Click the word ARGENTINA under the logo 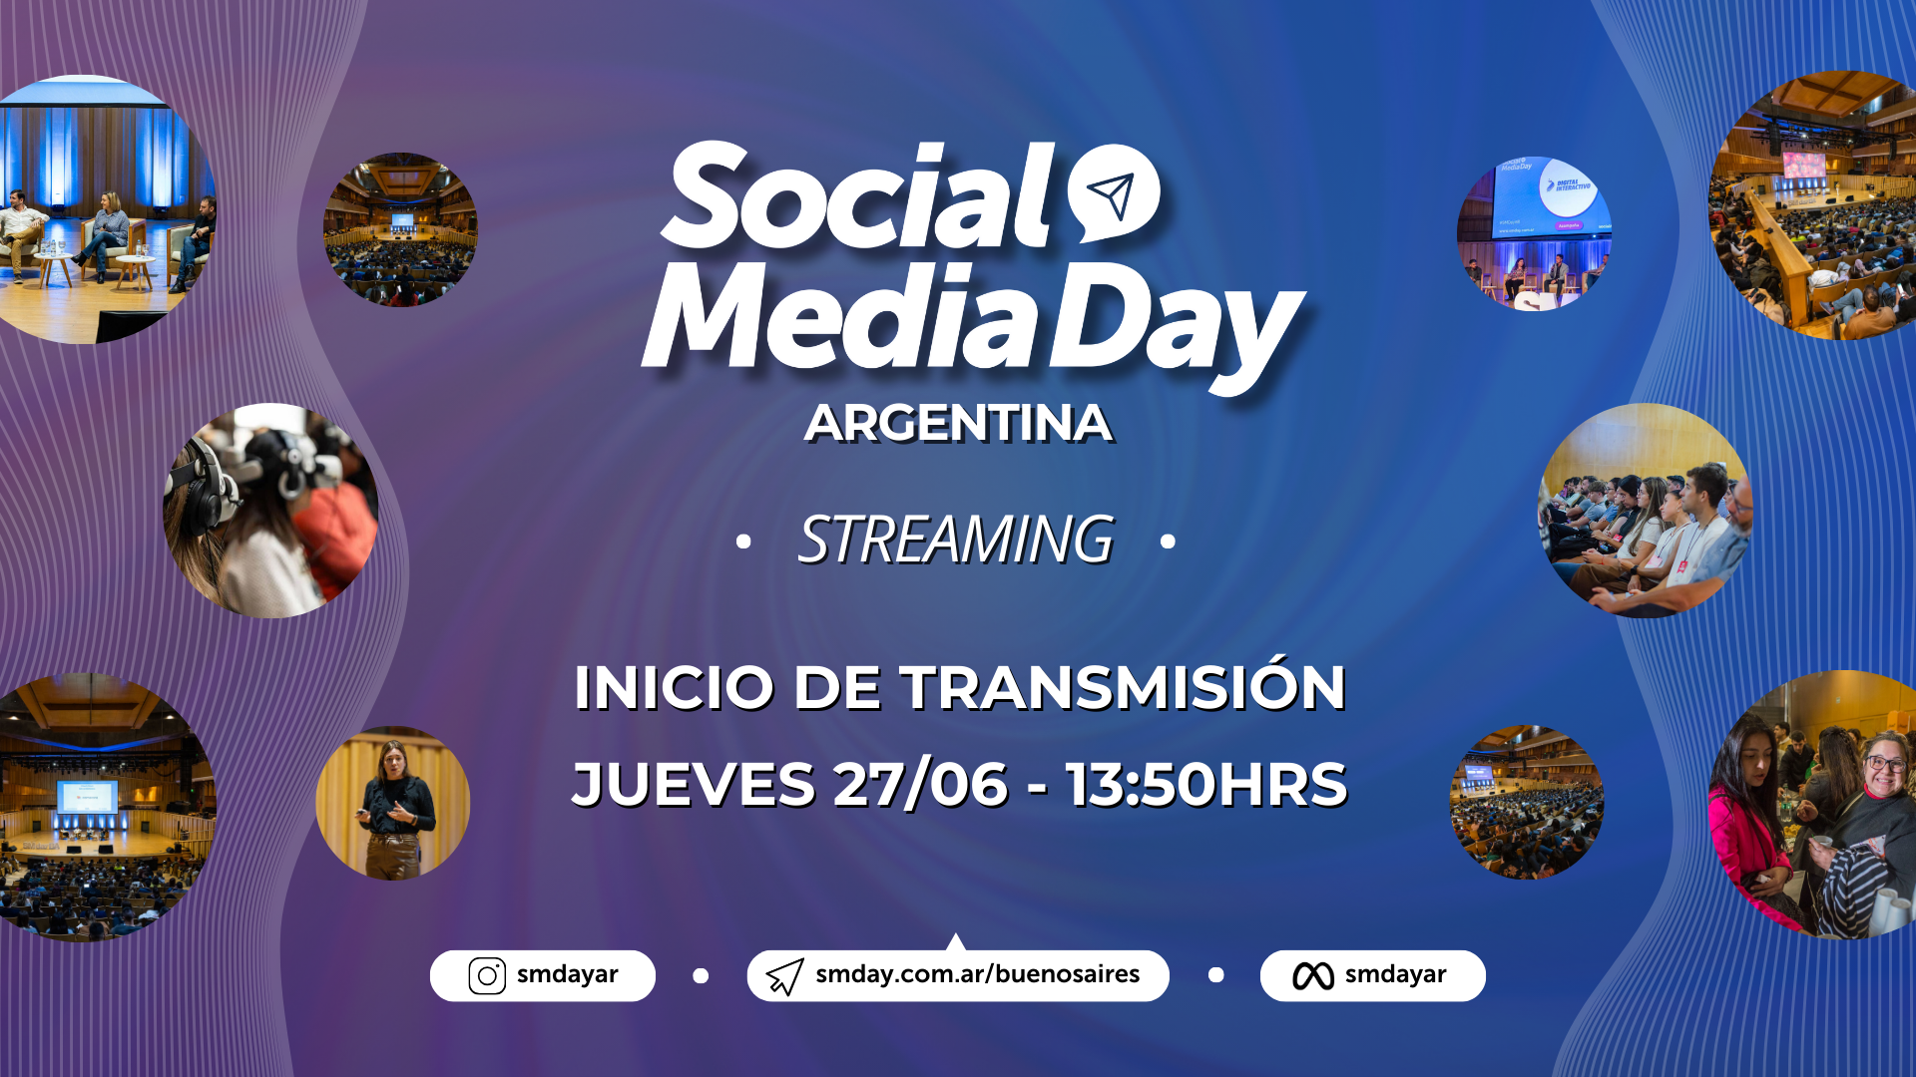(x=958, y=423)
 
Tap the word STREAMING (x=955, y=539)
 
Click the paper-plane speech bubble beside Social (x=1114, y=192)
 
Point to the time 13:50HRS (x=1206, y=784)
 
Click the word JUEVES (x=694, y=784)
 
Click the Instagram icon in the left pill (x=487, y=975)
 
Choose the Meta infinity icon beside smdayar (x=1313, y=976)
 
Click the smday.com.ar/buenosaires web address (x=977, y=974)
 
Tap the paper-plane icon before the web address (x=784, y=976)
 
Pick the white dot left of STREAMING (x=742, y=541)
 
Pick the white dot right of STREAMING (x=1168, y=541)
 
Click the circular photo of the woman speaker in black (x=392, y=803)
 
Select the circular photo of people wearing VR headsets (x=270, y=511)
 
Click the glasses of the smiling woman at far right (x=1886, y=764)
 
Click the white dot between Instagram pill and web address (x=701, y=975)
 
